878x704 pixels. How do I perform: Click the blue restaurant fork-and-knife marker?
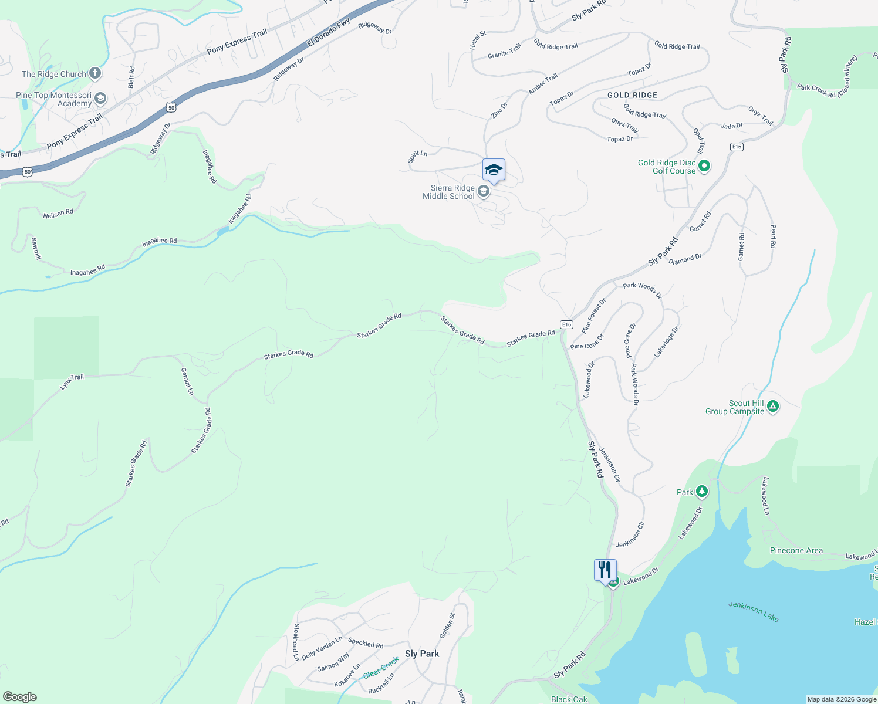point(605,571)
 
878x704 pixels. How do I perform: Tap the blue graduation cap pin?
point(494,170)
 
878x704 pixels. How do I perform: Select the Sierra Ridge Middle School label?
point(449,192)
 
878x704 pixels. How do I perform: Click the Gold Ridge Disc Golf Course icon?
point(705,166)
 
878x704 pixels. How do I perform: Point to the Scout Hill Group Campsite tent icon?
point(773,406)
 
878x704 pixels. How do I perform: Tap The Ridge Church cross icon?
point(95,74)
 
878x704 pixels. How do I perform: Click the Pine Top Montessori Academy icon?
point(100,98)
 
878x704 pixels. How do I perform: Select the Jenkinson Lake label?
point(754,611)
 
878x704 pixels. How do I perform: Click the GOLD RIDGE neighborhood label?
point(632,95)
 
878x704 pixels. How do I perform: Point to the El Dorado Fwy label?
point(329,33)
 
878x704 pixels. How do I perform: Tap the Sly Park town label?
point(422,654)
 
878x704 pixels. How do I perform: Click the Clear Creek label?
point(381,667)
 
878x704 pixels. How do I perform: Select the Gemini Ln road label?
point(187,381)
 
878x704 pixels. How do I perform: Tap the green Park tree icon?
point(701,492)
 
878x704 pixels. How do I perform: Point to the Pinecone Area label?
point(796,550)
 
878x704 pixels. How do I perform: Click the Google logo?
point(19,697)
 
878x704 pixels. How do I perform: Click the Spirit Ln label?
point(417,157)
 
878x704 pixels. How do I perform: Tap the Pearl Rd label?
point(773,236)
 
